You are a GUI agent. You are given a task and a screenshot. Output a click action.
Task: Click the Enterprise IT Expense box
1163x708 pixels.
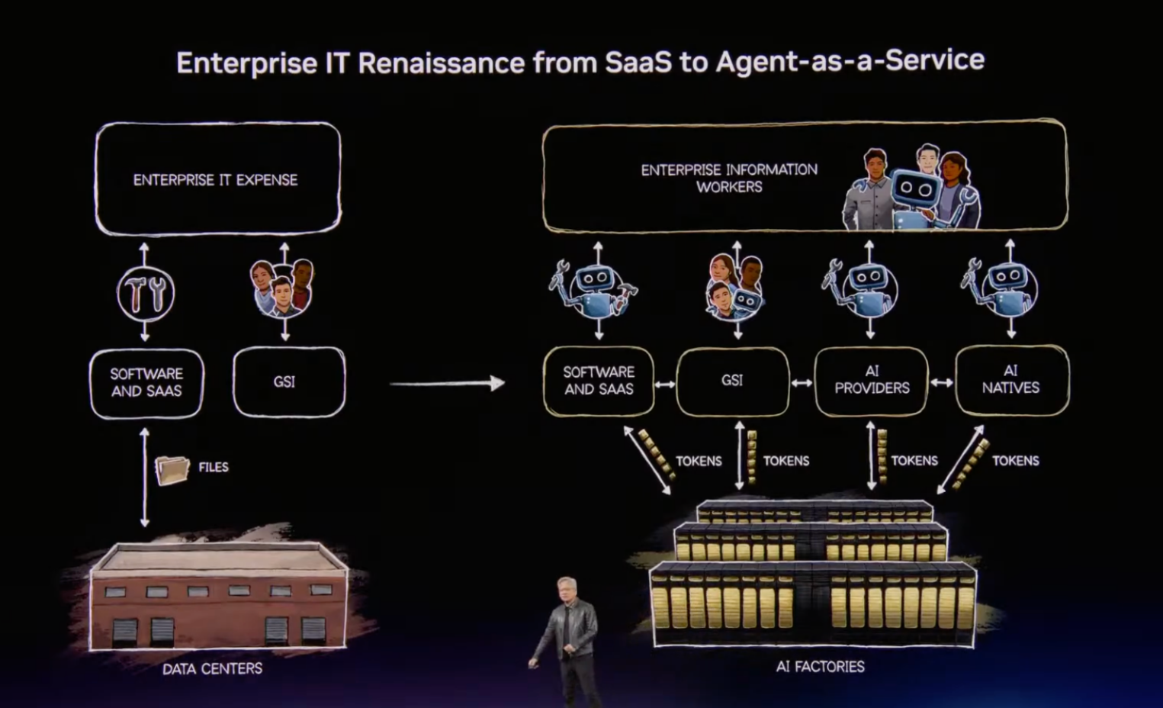point(217,179)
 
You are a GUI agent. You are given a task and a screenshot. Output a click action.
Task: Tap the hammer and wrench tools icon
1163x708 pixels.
point(146,293)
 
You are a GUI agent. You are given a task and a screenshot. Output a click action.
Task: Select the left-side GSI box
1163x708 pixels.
point(288,381)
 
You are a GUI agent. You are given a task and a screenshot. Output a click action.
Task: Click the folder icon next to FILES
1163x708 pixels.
point(172,469)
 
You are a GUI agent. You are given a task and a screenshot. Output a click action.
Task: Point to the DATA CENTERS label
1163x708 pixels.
point(212,668)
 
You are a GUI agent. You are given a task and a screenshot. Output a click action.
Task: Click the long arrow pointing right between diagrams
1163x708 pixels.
point(447,383)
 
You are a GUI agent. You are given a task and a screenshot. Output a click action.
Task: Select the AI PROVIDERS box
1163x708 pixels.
point(871,380)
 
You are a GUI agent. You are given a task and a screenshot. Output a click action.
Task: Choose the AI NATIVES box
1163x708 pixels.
point(1011,379)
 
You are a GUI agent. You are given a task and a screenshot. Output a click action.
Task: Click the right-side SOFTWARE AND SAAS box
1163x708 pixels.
point(599,380)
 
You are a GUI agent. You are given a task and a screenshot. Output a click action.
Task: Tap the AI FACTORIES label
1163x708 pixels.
point(820,666)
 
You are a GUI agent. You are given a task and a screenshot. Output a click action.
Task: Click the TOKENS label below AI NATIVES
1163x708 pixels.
point(1015,460)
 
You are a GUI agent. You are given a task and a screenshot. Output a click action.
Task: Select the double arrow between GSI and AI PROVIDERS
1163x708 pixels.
point(802,382)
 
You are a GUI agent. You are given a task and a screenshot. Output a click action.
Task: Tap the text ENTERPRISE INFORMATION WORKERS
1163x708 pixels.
point(728,178)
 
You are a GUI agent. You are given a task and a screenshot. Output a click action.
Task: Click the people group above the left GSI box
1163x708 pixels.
point(282,288)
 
